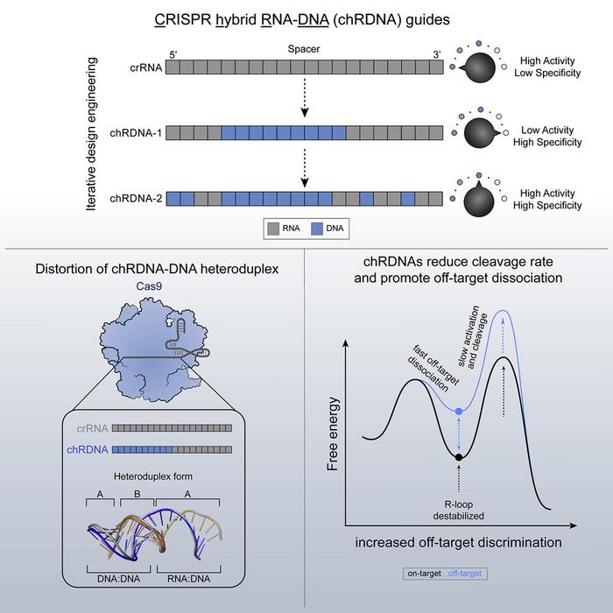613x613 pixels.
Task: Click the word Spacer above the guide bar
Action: point(302,51)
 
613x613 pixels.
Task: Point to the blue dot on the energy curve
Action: point(459,410)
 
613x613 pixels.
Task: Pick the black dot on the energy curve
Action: point(459,456)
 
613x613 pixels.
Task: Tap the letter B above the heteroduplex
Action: point(137,493)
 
